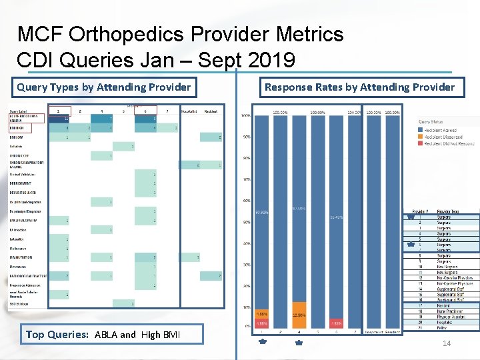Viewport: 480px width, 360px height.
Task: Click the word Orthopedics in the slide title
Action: click(x=131, y=34)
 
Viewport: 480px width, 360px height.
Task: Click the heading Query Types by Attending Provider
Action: click(x=103, y=87)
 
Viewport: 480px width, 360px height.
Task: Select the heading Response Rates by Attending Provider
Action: click(x=359, y=87)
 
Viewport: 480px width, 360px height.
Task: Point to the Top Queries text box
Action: click(x=113, y=334)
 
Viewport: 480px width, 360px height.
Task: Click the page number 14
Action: click(x=447, y=343)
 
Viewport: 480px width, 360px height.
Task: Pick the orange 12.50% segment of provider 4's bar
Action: click(x=299, y=315)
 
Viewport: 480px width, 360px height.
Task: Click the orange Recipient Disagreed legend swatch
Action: click(x=421, y=137)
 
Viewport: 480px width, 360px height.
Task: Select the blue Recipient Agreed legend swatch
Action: click(x=421, y=131)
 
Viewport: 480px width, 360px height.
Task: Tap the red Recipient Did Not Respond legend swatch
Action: click(x=421, y=143)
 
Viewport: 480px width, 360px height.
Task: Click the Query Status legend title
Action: click(x=431, y=121)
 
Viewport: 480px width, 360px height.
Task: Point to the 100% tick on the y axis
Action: click(x=246, y=116)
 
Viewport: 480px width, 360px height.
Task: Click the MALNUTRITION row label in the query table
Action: click(x=21, y=257)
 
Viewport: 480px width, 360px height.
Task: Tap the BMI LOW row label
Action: click(x=16, y=137)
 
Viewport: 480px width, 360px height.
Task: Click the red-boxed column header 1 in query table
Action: click(x=58, y=111)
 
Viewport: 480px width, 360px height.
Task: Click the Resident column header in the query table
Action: click(x=211, y=111)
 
